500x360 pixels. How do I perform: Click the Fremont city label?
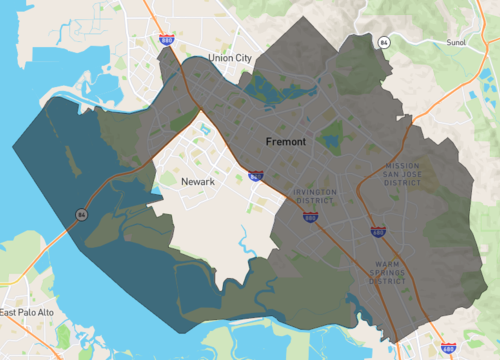(286, 142)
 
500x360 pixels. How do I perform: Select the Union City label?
(230, 58)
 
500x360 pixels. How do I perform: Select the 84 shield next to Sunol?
(384, 42)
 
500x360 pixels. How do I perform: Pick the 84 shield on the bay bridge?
(79, 214)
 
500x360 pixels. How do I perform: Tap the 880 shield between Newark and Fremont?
(256, 176)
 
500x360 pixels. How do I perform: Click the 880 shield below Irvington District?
(310, 215)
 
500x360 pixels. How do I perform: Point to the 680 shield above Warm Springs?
(378, 232)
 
